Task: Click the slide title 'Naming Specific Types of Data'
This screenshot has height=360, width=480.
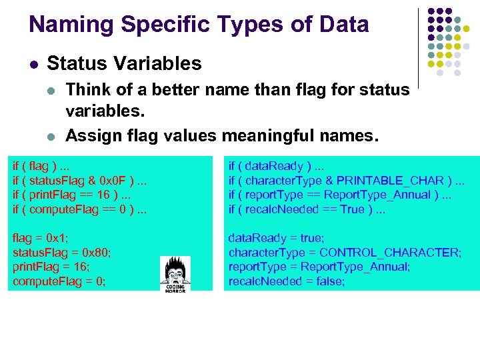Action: click(199, 25)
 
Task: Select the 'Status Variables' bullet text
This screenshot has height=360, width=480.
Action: click(124, 64)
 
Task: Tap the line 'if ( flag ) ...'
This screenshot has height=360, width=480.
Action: click(43, 165)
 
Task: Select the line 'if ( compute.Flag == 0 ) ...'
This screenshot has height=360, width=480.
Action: click(81, 209)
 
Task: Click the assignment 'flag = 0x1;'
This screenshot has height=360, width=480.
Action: click(41, 238)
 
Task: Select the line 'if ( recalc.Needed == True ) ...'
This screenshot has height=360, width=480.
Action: click(306, 209)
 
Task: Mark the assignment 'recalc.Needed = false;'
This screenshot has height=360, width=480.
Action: click(287, 281)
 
